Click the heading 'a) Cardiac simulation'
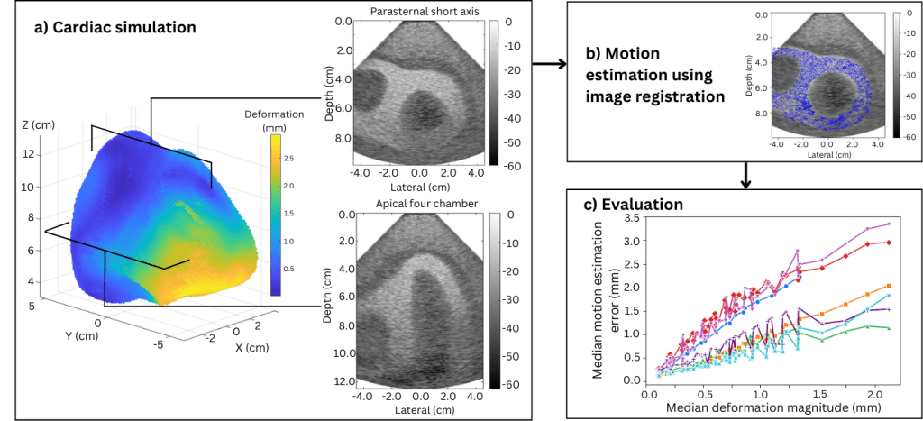click(114, 27)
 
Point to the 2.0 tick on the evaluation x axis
click(879, 394)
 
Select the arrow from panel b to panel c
click(745, 177)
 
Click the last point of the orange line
click(890, 285)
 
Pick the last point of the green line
click(890, 329)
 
